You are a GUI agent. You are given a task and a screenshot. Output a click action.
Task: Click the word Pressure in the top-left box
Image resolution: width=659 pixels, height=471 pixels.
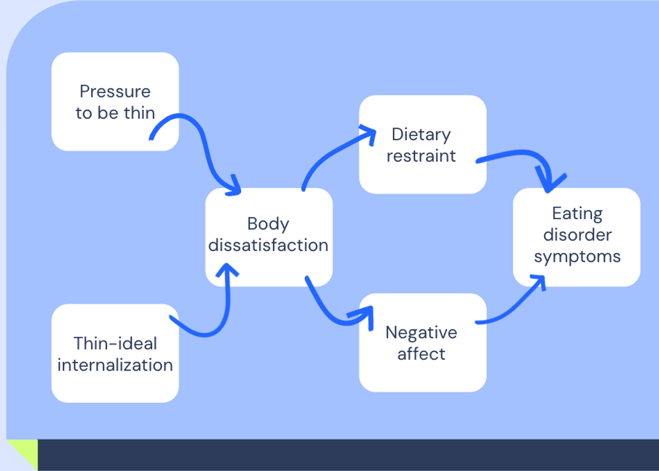tap(115, 92)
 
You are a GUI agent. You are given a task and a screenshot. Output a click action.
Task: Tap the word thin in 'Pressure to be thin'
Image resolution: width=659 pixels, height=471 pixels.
tap(139, 113)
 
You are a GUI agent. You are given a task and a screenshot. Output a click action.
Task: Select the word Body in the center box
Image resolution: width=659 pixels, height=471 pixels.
tap(268, 224)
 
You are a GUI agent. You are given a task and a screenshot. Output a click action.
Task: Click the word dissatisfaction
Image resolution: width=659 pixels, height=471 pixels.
tap(269, 245)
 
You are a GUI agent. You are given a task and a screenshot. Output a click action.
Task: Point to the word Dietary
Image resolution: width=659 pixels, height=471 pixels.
tap(421, 134)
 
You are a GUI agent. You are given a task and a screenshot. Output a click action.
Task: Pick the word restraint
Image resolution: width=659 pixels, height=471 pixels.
tap(421, 156)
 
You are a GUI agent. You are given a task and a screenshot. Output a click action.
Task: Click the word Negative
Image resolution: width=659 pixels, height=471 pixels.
tap(421, 332)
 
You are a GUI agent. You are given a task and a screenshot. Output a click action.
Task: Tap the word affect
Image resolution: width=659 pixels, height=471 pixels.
tap(421, 354)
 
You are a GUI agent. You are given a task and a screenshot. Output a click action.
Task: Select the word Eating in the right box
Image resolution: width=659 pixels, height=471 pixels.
tap(577, 213)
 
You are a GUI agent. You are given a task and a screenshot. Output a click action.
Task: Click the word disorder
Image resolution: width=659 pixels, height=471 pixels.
tap(577, 235)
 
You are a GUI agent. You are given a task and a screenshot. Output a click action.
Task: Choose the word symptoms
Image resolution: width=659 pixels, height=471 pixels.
tap(577, 256)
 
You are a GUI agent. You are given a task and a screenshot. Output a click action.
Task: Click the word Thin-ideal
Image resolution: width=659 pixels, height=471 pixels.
tap(115, 344)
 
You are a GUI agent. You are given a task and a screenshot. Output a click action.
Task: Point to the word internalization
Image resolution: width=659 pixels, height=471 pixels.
tap(115, 365)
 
